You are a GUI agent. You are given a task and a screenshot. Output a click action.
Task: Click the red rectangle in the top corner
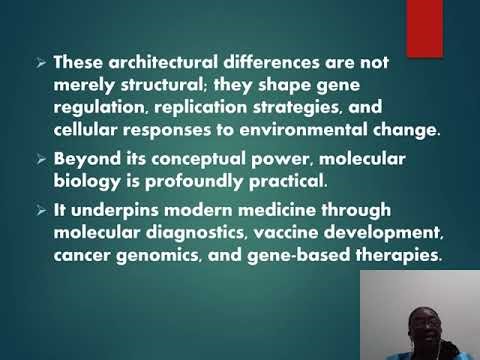(x=423, y=27)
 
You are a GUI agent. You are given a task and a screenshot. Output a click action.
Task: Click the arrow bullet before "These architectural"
(x=41, y=61)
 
